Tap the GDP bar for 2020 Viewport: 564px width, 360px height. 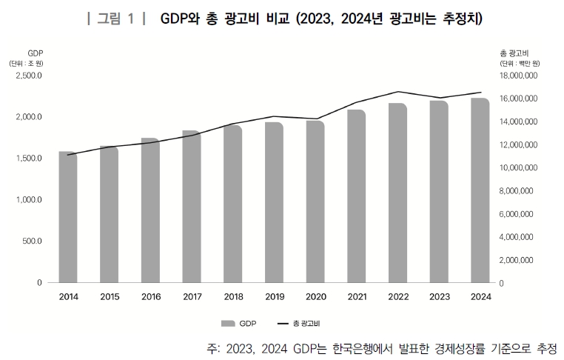pyautogui.click(x=315, y=201)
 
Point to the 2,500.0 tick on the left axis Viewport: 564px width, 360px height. pyautogui.click(x=29, y=76)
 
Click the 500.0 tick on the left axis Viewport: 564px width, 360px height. pyautogui.click(x=33, y=241)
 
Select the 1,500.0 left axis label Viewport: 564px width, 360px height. pyautogui.click(x=29, y=159)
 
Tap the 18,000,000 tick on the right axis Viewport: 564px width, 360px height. pyautogui.click(x=523, y=76)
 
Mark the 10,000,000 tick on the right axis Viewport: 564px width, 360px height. pyautogui.click(x=523, y=168)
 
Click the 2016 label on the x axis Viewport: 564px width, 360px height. pyautogui.click(x=150, y=297)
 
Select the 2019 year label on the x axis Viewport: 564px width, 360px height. pyautogui.click(x=274, y=297)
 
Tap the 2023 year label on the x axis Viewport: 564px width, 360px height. pyautogui.click(x=438, y=297)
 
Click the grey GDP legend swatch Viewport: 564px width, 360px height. pyautogui.click(x=227, y=324)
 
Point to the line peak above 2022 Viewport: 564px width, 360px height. pyautogui.click(x=398, y=92)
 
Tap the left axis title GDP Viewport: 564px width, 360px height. pyautogui.click(x=35, y=54)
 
